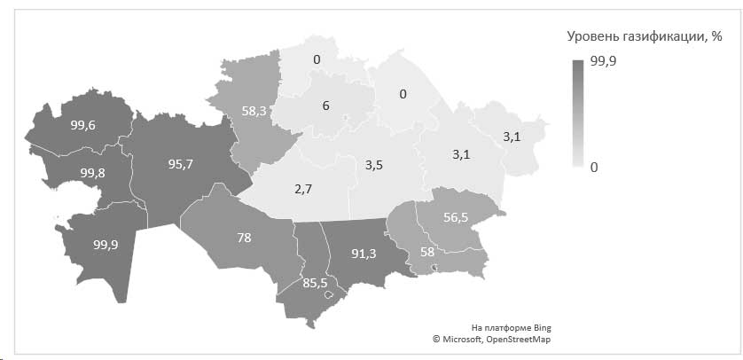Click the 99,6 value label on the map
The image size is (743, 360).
coord(83,127)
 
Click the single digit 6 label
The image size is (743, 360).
coord(325,106)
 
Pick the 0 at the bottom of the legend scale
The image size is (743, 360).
coord(595,166)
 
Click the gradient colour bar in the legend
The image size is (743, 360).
coord(577,113)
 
